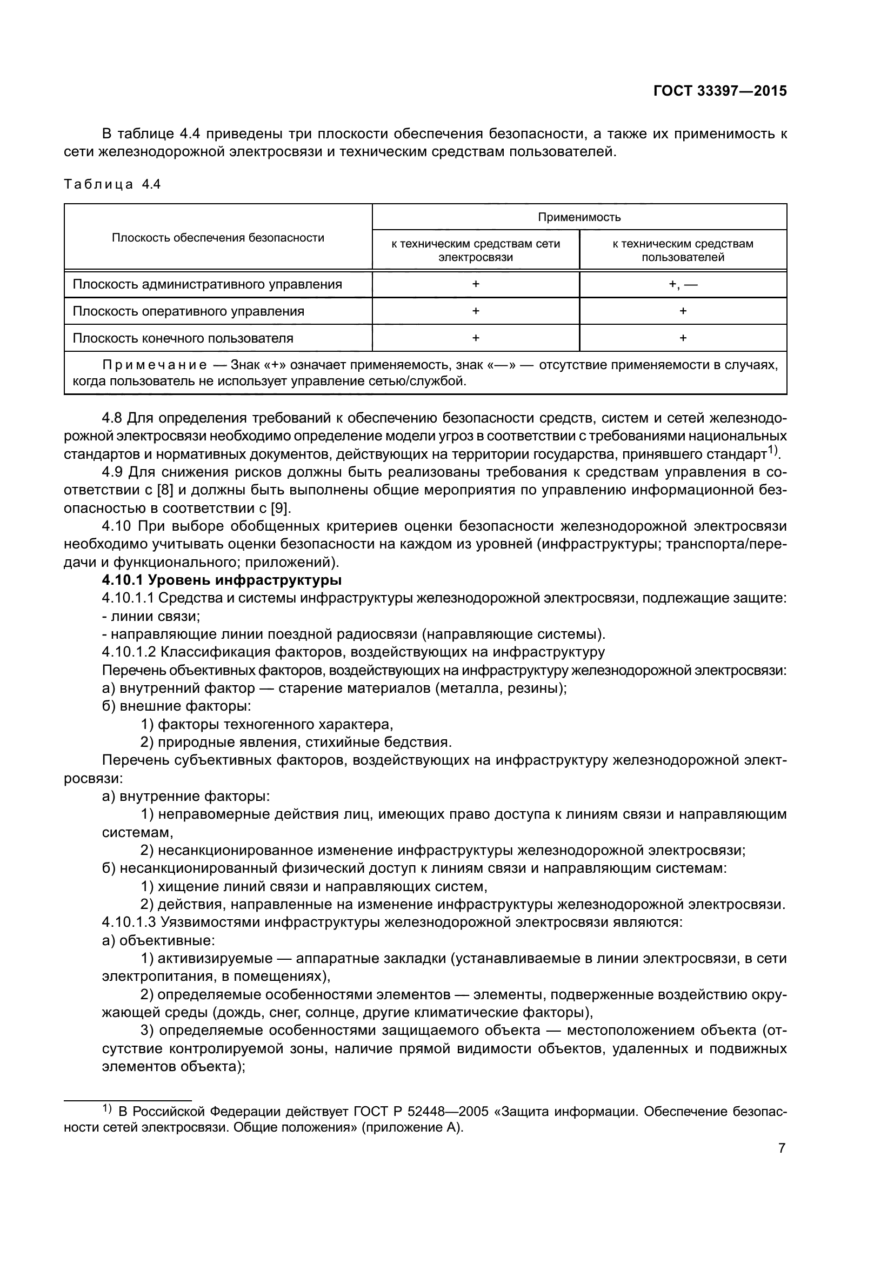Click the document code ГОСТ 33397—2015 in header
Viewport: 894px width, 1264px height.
[x=719, y=91]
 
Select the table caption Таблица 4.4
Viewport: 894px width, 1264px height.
[x=112, y=184]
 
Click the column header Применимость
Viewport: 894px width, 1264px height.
[x=579, y=217]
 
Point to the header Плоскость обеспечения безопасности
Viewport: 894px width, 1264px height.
[x=218, y=238]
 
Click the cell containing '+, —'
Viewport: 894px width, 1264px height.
[x=683, y=285]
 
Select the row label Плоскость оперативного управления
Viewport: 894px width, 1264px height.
[x=188, y=312]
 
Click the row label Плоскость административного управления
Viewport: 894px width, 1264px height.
[x=207, y=285]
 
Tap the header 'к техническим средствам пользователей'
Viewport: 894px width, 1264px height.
[x=683, y=251]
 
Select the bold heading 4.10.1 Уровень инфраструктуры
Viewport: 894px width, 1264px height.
[x=222, y=580]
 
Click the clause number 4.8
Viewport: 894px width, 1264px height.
[x=112, y=418]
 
